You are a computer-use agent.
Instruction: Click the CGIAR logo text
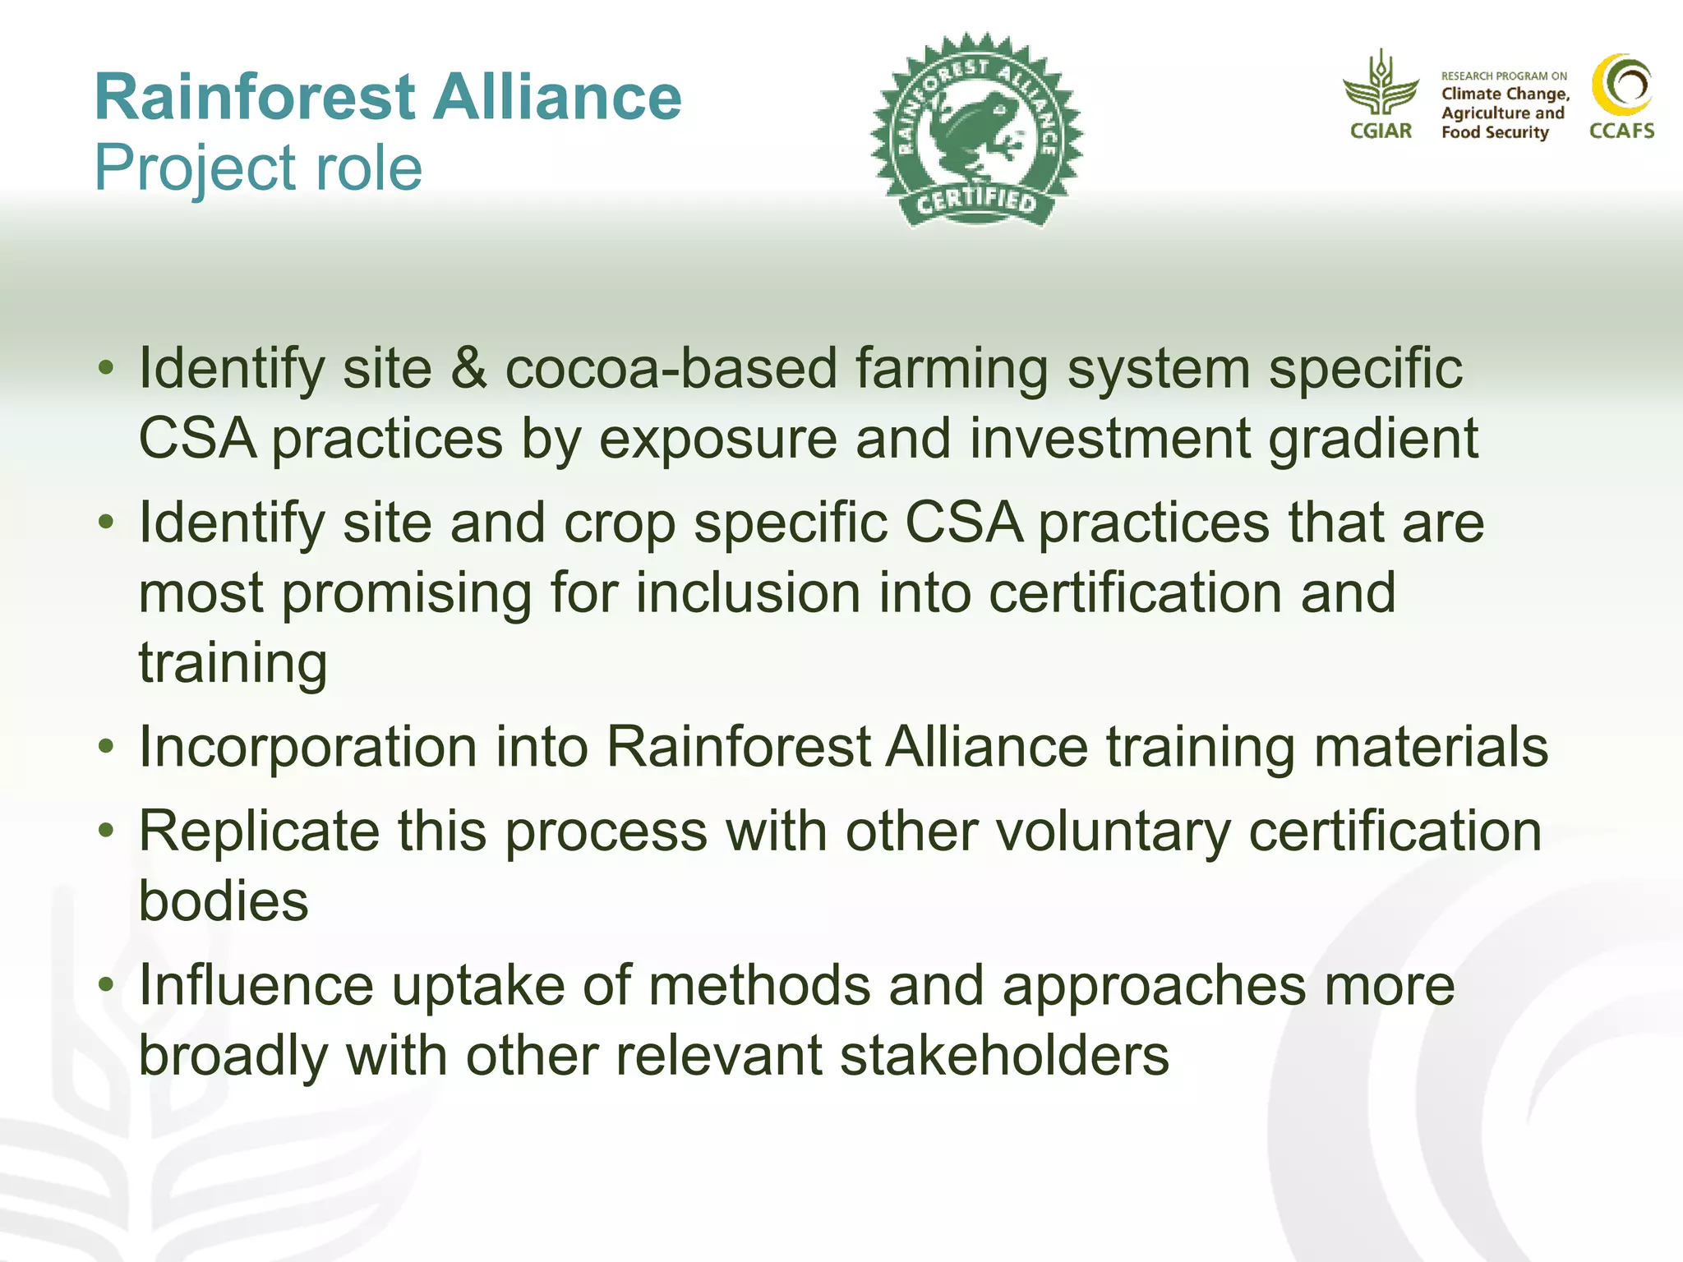tap(1381, 131)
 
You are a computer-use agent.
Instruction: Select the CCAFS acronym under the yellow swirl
tap(1621, 131)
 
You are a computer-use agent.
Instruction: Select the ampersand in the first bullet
tap(468, 368)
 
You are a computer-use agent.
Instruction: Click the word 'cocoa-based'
tap(671, 368)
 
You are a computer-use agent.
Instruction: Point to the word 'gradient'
tap(1373, 440)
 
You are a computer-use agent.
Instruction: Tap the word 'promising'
tap(407, 593)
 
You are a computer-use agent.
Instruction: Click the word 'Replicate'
tap(259, 831)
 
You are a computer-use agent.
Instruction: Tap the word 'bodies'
tap(224, 901)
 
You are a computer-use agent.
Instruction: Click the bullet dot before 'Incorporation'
tap(105, 748)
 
